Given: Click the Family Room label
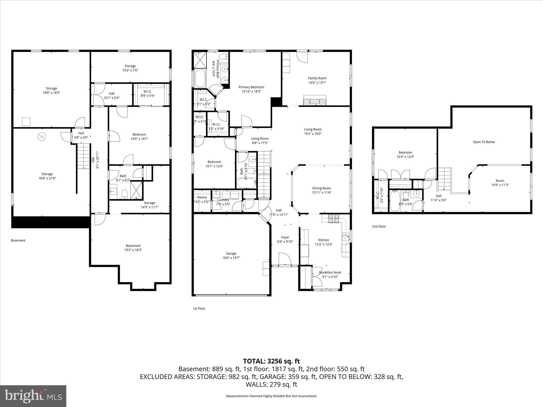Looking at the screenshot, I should click(x=317, y=78).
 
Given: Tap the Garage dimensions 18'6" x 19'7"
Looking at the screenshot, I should click(x=231, y=258).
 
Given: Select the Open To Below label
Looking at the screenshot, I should click(x=484, y=142).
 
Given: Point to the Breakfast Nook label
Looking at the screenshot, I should click(x=330, y=272).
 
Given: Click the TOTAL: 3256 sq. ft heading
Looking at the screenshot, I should click(x=271, y=361).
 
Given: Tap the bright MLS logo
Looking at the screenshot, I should click(x=33, y=396).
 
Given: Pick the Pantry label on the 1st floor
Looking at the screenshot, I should click(x=202, y=197).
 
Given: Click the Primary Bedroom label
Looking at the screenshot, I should click(x=251, y=87).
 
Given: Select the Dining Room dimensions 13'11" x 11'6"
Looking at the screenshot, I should click(x=321, y=193).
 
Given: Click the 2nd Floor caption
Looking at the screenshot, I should click(x=379, y=227).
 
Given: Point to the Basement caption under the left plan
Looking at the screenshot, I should click(x=18, y=241).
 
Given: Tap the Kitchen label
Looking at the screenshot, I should click(x=323, y=240).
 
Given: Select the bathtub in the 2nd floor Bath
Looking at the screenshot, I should click(x=395, y=201).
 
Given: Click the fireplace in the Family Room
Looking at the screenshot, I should click(x=315, y=101).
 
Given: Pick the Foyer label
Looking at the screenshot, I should click(x=285, y=237).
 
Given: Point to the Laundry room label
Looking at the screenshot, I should click(x=223, y=200).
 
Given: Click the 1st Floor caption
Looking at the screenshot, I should click(x=199, y=309).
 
